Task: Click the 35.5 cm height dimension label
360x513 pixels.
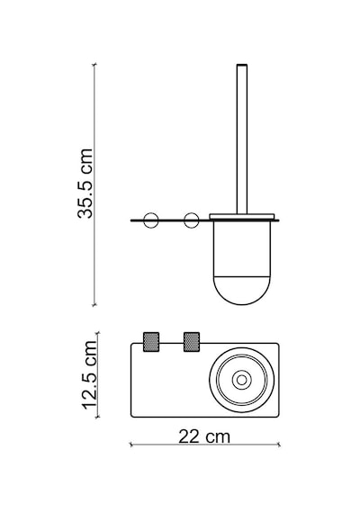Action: pyautogui.click(x=85, y=184)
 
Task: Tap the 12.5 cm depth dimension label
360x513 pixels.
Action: pyautogui.click(x=90, y=375)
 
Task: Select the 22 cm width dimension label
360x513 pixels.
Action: pyautogui.click(x=204, y=436)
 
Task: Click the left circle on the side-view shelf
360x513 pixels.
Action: pyautogui.click(x=151, y=220)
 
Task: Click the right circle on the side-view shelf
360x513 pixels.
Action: pyautogui.click(x=191, y=220)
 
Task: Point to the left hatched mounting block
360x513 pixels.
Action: pyautogui.click(x=151, y=342)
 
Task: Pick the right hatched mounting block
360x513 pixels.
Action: pyautogui.click(x=192, y=342)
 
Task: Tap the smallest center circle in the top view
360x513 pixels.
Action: pyautogui.click(x=242, y=380)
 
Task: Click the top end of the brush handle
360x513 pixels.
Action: pyautogui.click(x=242, y=65)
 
